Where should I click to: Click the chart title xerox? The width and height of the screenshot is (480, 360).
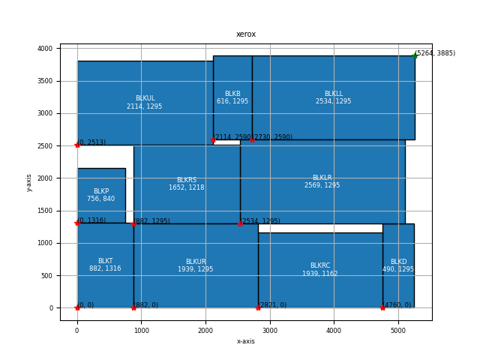tap(246, 34)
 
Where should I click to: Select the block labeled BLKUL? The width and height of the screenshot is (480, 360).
tap(145, 103)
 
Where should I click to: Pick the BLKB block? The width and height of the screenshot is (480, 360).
tap(232, 97)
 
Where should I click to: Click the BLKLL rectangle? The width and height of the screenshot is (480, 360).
tap(333, 97)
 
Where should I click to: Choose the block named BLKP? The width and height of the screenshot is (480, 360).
tap(101, 195)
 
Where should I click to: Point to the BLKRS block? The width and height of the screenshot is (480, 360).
tap(187, 184)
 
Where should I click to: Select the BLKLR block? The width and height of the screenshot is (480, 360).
tap(322, 181)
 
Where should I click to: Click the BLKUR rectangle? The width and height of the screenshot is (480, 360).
tap(196, 265)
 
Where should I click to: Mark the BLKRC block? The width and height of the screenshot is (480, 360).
tap(320, 270)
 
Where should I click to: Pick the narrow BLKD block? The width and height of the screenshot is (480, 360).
tap(398, 265)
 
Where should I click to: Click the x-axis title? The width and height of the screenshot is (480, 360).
tap(246, 341)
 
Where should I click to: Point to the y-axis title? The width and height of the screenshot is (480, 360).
tap(30, 182)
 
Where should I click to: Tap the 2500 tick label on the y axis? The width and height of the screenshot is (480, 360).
tap(46, 145)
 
